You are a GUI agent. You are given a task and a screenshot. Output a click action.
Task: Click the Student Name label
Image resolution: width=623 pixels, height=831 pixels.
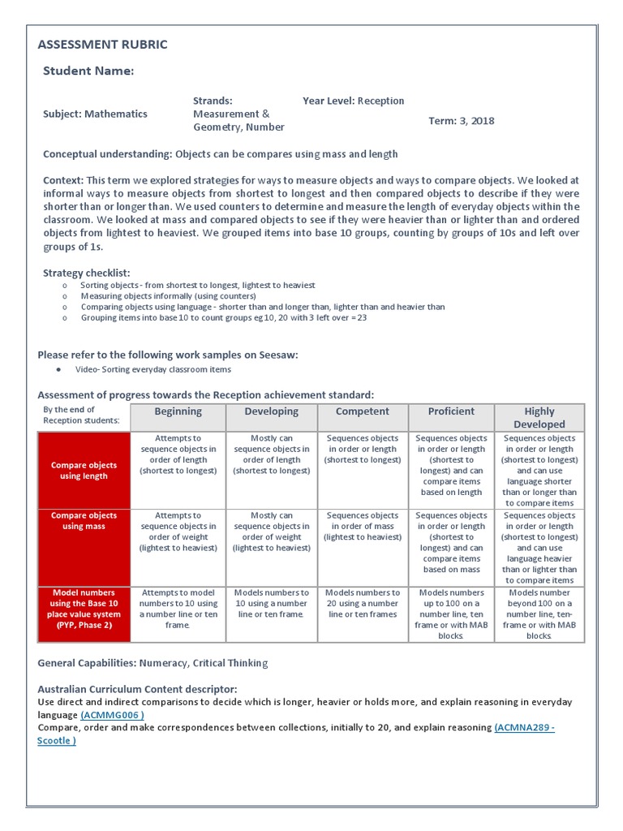coord(88,71)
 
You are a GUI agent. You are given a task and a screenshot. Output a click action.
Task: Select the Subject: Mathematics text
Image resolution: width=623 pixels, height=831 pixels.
coord(95,114)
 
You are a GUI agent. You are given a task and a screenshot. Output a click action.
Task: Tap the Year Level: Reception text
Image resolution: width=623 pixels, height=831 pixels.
coord(353,101)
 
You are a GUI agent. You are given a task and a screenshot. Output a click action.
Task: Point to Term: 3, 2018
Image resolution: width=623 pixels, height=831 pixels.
coord(461,121)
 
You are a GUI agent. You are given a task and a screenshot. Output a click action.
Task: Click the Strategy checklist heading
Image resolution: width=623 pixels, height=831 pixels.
coord(86,273)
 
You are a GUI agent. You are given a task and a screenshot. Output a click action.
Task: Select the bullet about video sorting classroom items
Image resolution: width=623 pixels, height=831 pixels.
coord(153,369)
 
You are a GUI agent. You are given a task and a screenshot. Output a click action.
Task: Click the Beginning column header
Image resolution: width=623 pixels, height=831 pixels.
coord(178,411)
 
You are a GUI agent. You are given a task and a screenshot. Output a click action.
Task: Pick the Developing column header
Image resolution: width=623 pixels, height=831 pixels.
coord(272,411)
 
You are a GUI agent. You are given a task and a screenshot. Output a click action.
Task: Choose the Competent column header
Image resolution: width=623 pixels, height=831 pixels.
coord(362,411)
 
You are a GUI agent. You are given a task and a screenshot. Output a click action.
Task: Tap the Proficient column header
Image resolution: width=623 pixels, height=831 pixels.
coord(451,411)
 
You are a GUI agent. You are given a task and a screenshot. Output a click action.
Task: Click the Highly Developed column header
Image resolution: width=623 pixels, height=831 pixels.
coord(539,417)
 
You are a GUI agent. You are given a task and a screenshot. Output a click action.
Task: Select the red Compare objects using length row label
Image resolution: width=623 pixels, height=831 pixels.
coord(84,471)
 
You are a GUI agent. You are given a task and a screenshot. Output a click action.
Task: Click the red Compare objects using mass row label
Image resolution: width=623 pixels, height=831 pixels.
coord(84,521)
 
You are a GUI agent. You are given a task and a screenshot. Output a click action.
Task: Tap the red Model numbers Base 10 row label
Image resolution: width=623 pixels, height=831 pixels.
coord(84,609)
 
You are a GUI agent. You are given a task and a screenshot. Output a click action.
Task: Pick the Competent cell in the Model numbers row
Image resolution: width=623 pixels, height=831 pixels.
coord(362,604)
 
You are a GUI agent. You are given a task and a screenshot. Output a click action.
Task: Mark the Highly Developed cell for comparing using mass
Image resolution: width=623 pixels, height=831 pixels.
coord(539,548)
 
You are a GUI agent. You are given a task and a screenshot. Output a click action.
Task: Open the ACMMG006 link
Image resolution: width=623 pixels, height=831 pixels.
coord(113,715)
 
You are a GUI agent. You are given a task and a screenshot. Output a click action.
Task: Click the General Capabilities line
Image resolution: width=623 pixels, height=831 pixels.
coord(153,663)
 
